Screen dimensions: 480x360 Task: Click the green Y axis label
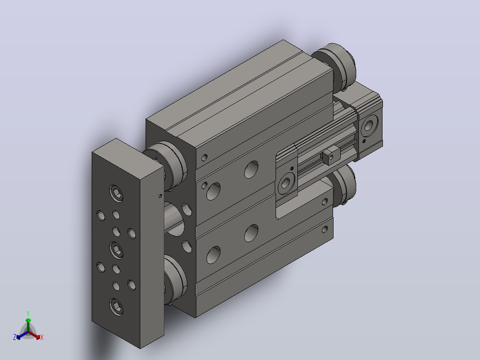tap(28, 313)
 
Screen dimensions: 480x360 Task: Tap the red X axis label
tap(42, 337)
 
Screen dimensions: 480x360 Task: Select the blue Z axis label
tap(15, 337)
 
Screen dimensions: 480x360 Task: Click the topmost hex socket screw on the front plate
tap(116, 194)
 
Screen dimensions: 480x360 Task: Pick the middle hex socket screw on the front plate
tap(116, 250)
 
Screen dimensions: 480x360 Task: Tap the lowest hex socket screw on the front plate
tap(116, 307)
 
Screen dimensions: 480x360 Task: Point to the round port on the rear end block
tap(369, 125)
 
